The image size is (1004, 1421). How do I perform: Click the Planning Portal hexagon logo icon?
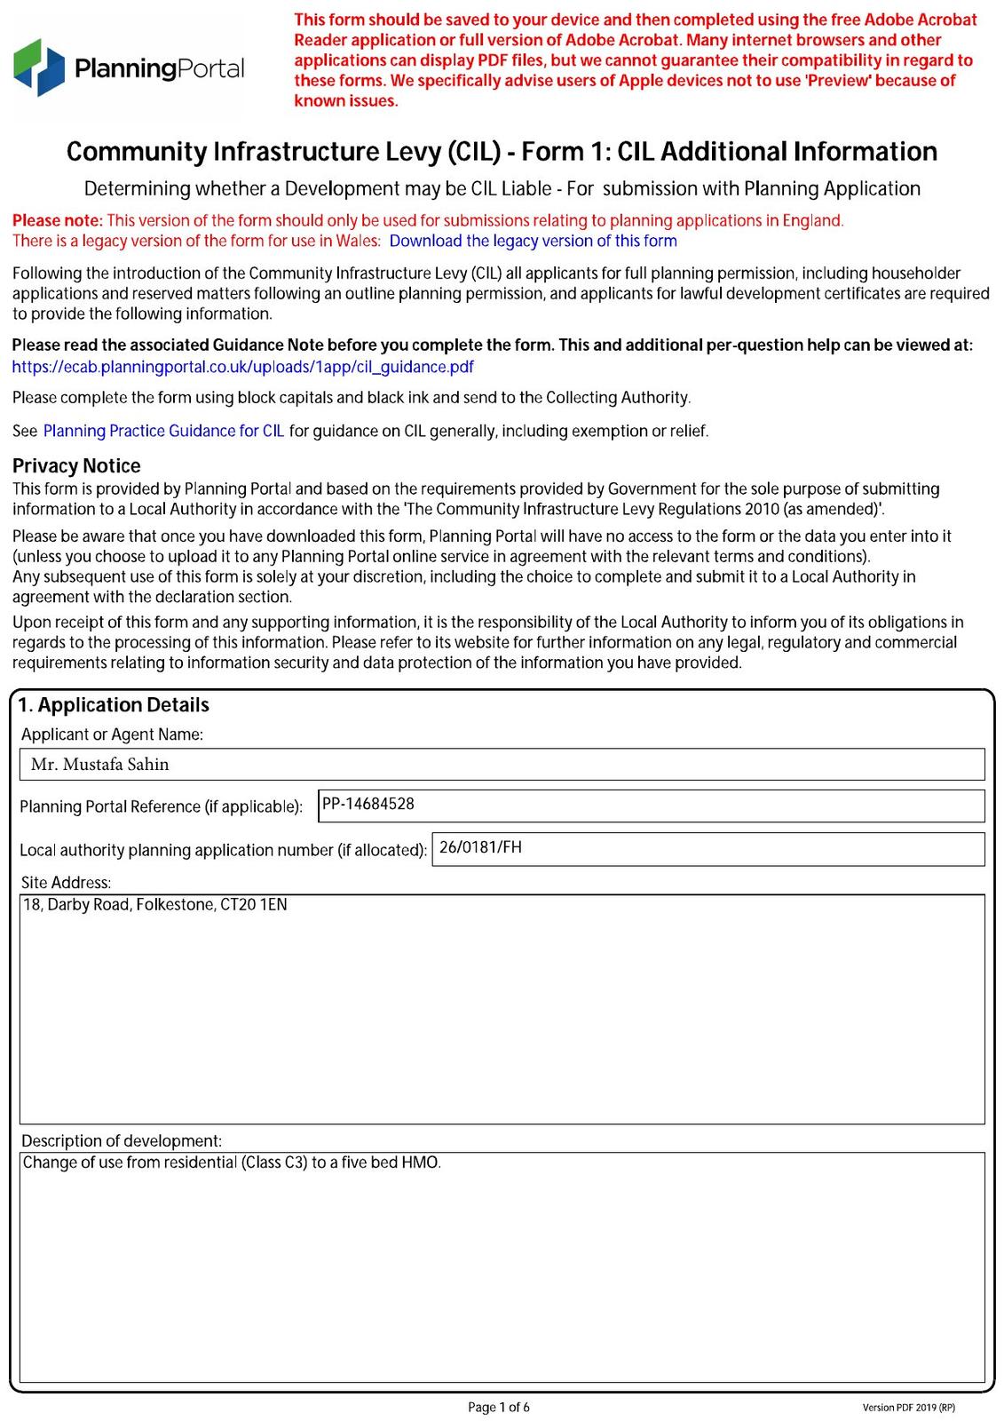(39, 67)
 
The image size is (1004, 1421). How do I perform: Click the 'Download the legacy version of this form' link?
(533, 241)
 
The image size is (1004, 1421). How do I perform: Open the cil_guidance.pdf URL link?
(242, 367)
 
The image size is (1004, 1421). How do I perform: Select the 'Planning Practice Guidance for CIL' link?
(163, 431)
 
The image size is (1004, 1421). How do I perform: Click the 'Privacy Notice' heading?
(76, 465)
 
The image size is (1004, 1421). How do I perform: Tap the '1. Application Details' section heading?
(114, 705)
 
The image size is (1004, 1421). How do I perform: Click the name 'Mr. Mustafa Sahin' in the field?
(99, 764)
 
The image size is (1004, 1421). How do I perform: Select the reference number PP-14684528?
(368, 804)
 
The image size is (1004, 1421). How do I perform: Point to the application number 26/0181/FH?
(480, 847)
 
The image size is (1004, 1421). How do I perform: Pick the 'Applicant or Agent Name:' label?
(112, 734)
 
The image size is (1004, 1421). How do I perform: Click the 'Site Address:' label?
(66, 883)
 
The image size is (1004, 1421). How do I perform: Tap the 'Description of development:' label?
(121, 1140)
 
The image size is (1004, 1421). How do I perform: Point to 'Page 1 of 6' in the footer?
(499, 1407)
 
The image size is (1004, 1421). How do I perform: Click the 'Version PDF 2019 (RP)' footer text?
(908, 1408)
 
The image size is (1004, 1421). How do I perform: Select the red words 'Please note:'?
(58, 220)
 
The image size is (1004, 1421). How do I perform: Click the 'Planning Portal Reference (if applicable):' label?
(161, 806)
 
